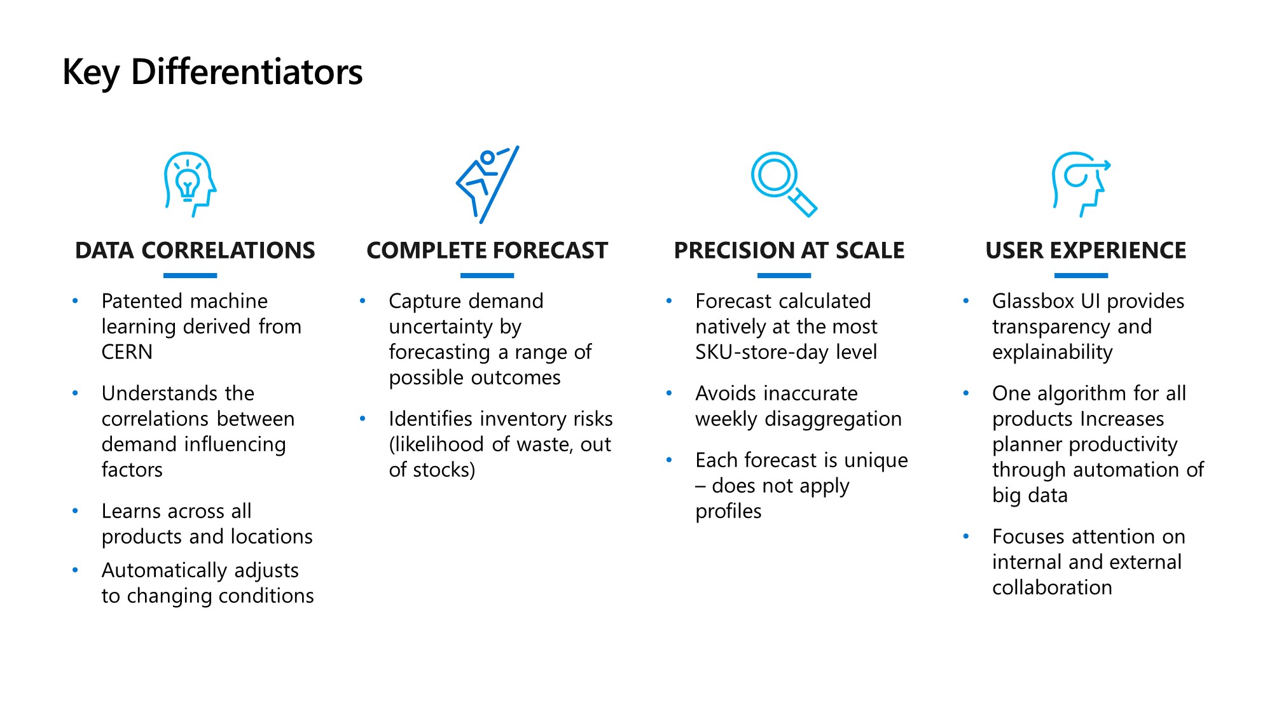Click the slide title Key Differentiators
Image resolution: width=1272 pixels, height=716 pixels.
pos(212,72)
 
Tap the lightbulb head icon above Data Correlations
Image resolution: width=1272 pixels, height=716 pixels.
pos(190,185)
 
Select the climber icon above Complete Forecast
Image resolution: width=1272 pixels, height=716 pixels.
pos(487,185)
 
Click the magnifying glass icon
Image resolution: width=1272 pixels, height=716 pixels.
pos(784,185)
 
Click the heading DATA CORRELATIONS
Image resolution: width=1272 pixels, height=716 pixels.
pos(195,251)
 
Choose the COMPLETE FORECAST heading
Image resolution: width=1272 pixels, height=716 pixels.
pos(487,251)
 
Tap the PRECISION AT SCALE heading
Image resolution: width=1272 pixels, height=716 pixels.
pos(789,251)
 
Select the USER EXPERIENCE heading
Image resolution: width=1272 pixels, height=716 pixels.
pos(1086,251)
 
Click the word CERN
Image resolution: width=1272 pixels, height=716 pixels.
pos(127,352)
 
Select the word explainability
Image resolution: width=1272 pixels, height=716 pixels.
pos(1053,353)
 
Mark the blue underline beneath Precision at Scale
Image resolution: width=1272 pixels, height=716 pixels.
pos(784,276)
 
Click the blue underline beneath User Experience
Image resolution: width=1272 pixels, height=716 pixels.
pos(1081,276)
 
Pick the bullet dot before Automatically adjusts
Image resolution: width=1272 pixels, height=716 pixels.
pos(76,570)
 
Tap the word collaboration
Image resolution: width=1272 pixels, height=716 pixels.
pos(1053,587)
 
